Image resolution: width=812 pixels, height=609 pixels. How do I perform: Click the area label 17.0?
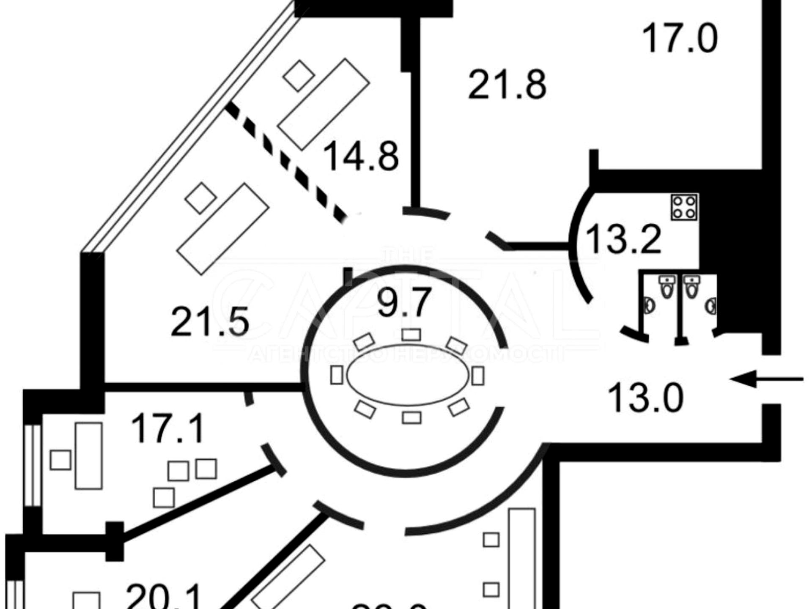tap(680, 39)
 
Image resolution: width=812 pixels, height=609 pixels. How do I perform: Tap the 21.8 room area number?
tap(507, 85)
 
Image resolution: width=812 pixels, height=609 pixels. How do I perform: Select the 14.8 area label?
tap(361, 157)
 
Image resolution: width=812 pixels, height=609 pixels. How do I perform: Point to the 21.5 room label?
tap(210, 323)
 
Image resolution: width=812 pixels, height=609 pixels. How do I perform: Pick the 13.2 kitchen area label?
tap(624, 239)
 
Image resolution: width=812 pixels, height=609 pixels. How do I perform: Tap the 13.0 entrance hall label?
tap(645, 398)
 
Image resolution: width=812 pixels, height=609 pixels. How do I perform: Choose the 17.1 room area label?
tap(168, 429)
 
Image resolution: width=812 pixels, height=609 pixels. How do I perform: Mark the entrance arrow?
tap(766, 379)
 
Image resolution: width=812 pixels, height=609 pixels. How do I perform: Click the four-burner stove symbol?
tap(684, 207)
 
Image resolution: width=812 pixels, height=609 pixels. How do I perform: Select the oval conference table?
tap(408, 376)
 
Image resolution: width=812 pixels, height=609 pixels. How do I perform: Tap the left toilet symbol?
tap(667, 288)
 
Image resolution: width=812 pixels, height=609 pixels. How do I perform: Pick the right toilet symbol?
tap(692, 288)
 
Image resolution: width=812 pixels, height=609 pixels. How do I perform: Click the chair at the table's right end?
tap(478, 376)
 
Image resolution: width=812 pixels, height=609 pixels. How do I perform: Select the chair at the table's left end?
tap(337, 375)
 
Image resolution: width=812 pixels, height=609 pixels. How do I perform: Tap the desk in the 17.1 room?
tap(89, 456)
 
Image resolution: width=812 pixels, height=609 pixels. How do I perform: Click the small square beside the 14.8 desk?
tap(299, 76)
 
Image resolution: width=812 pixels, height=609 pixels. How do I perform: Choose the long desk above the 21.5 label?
tap(223, 229)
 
